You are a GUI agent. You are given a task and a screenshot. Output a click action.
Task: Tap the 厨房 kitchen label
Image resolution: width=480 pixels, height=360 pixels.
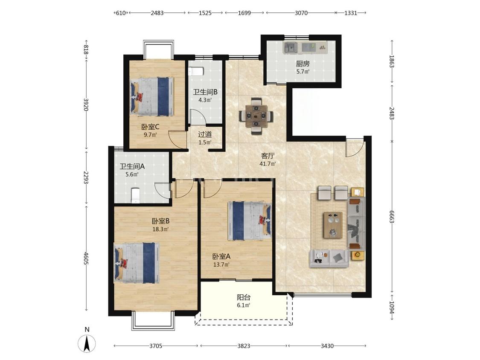[303, 64]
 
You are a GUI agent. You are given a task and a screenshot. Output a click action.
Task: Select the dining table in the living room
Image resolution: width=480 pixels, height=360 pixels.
[256, 116]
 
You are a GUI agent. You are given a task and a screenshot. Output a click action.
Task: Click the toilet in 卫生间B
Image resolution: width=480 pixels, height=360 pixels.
[196, 71]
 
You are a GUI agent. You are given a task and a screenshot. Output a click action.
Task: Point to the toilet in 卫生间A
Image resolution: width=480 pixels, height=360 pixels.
[135, 196]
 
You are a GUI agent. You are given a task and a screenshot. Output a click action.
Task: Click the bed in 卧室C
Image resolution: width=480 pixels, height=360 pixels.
[152, 96]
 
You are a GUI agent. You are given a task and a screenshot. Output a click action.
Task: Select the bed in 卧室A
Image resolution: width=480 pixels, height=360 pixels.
[250, 221]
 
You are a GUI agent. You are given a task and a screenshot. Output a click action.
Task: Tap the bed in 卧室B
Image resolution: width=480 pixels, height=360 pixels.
[137, 263]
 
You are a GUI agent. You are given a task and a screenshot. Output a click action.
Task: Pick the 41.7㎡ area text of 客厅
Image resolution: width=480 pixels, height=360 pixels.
[268, 164]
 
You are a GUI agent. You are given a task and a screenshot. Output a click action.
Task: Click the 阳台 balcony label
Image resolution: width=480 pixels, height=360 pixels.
[244, 297]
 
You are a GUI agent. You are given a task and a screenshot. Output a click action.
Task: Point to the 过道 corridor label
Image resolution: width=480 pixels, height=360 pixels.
[205, 134]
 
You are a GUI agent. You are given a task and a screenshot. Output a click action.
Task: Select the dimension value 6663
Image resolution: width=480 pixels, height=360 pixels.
[392, 217]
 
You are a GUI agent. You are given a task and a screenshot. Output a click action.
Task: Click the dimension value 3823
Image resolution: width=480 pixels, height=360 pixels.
[244, 346]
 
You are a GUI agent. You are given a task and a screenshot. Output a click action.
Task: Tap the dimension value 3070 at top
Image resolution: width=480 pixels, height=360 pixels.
[301, 13]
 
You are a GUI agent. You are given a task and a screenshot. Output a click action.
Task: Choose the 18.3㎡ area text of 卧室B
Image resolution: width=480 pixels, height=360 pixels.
[161, 229]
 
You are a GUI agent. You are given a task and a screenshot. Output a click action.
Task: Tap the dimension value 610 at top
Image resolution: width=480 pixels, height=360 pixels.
[121, 13]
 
